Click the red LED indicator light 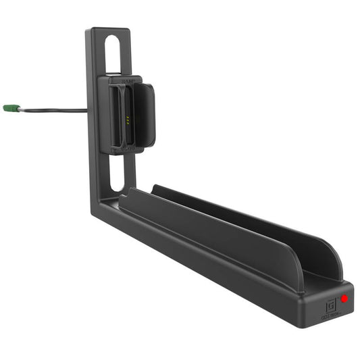pos(344,298)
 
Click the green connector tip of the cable pos(9,107)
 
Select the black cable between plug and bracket pos(54,109)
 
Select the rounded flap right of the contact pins pos(143,115)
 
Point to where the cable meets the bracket pos(87,110)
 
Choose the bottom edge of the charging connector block pos(126,152)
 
